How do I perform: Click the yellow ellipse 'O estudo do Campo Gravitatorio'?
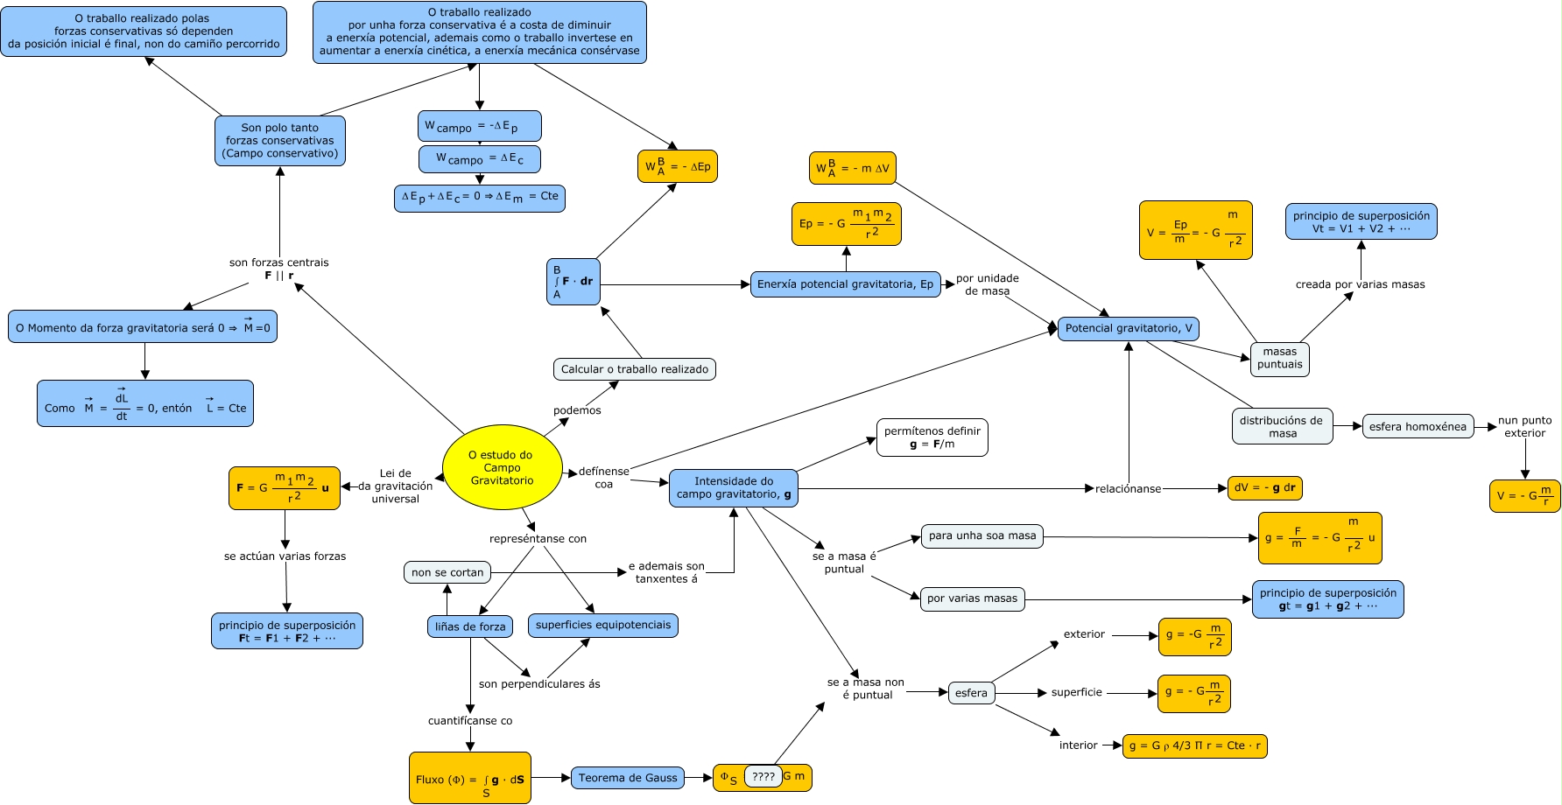pos(502,468)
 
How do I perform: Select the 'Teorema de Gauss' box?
pos(628,778)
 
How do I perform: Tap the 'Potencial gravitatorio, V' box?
pos(1129,329)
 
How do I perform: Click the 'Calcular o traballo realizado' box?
pos(634,369)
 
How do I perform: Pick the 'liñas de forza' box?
pos(470,626)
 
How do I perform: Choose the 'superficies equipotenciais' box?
pos(603,626)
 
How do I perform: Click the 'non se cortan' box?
pos(447,573)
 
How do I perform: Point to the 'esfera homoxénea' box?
pos(1418,427)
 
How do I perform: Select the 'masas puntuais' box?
pos(1279,359)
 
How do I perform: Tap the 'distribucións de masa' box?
pos(1282,426)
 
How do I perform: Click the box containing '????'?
pos(763,776)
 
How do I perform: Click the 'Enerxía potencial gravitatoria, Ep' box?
pos(845,284)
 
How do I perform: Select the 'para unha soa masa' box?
pos(982,536)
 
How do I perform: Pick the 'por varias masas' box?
pos(972,598)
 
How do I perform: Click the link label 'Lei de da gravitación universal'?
pos(396,486)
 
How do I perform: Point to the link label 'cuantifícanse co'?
pos(470,721)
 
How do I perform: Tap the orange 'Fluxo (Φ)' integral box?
pos(470,778)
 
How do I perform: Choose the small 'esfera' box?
pos(971,693)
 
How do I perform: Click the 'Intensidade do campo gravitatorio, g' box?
pos(734,488)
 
